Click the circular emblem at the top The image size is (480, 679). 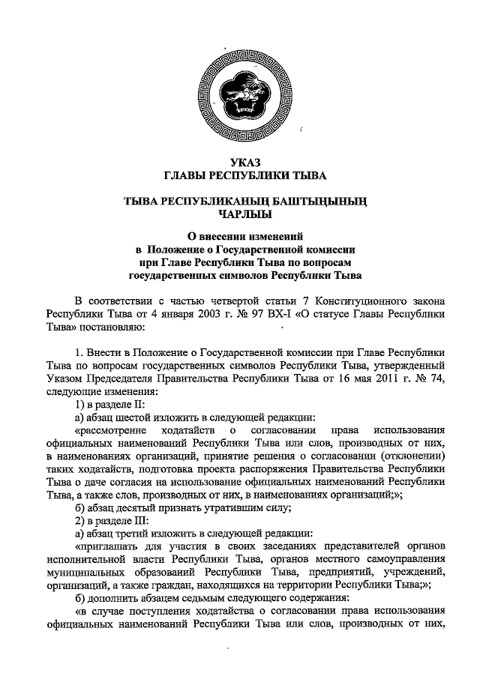tap(239, 94)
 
